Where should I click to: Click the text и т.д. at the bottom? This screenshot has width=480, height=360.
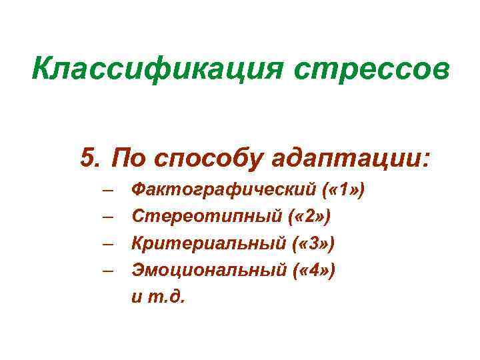(x=160, y=296)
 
